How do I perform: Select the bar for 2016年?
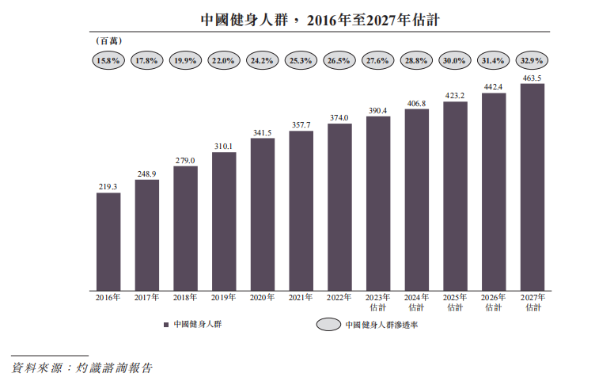(108, 240)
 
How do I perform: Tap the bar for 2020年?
(263, 212)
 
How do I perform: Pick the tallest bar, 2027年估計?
(533, 185)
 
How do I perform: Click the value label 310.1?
(224, 146)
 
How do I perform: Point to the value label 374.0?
(339, 117)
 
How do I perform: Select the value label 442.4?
(494, 86)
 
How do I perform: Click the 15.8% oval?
(108, 60)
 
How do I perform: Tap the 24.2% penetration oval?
(262, 60)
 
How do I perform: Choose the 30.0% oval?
(455, 60)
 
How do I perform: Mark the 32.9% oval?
(533, 60)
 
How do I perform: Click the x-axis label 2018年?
(185, 298)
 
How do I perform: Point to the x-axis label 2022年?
(339, 298)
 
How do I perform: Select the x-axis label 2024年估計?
(416, 302)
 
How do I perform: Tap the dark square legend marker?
(166, 325)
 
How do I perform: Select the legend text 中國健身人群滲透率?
(381, 325)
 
